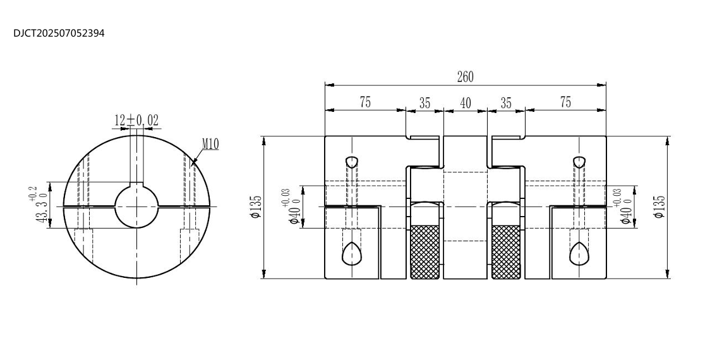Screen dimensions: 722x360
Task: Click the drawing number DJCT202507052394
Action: tap(59, 33)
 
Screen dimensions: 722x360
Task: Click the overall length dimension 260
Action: tap(465, 77)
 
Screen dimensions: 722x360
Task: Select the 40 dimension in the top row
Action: tap(466, 103)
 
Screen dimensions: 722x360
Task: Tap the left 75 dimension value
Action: tap(365, 102)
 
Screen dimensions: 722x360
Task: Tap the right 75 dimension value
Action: tap(565, 102)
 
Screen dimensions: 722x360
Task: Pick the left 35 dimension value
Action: tap(424, 103)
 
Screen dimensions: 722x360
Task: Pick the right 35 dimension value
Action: tap(506, 103)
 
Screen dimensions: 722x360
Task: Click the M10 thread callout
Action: tap(210, 144)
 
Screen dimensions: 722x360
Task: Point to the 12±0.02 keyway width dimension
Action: tap(136, 121)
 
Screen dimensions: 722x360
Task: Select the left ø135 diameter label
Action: tap(256, 207)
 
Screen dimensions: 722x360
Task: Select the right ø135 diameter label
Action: tap(659, 207)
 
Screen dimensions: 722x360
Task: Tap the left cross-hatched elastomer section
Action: tap(424, 252)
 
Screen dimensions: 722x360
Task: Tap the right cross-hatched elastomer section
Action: tap(506, 252)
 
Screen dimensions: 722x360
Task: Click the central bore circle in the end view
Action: tap(136, 207)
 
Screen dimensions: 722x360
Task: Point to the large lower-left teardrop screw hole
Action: tap(352, 254)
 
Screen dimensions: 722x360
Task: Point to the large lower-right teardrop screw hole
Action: tap(579, 254)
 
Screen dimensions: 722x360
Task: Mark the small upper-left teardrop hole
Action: tap(352, 162)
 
